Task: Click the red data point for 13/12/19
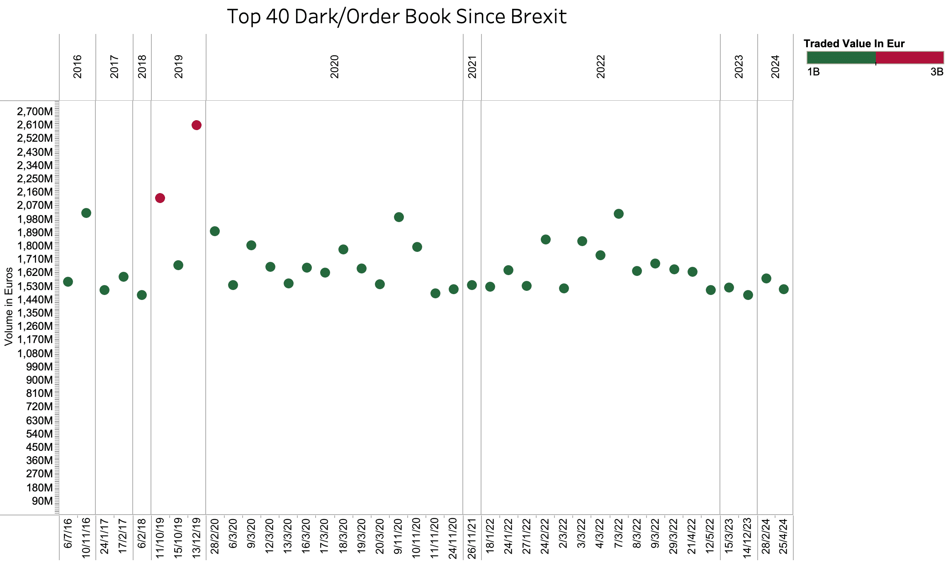point(197,125)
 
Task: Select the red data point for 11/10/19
point(160,198)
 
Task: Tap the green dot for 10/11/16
point(86,213)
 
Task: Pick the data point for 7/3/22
point(619,214)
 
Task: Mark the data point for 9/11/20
point(399,217)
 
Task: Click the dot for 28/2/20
point(215,231)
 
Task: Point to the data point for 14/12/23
point(748,295)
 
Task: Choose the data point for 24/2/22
point(546,239)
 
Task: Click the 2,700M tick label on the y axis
point(35,111)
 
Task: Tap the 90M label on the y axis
point(42,501)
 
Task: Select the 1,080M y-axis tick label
point(35,353)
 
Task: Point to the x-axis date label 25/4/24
point(783,536)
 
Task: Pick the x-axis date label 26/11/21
point(472,537)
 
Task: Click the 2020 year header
point(335,67)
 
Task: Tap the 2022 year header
point(601,67)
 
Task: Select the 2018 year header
point(142,67)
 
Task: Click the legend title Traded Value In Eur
point(854,44)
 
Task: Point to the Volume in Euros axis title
point(9,307)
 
